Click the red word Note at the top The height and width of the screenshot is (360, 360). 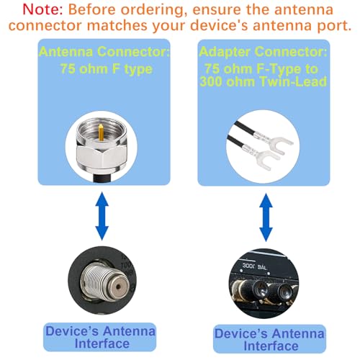(26, 12)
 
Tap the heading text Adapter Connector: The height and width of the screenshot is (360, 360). (262, 52)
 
